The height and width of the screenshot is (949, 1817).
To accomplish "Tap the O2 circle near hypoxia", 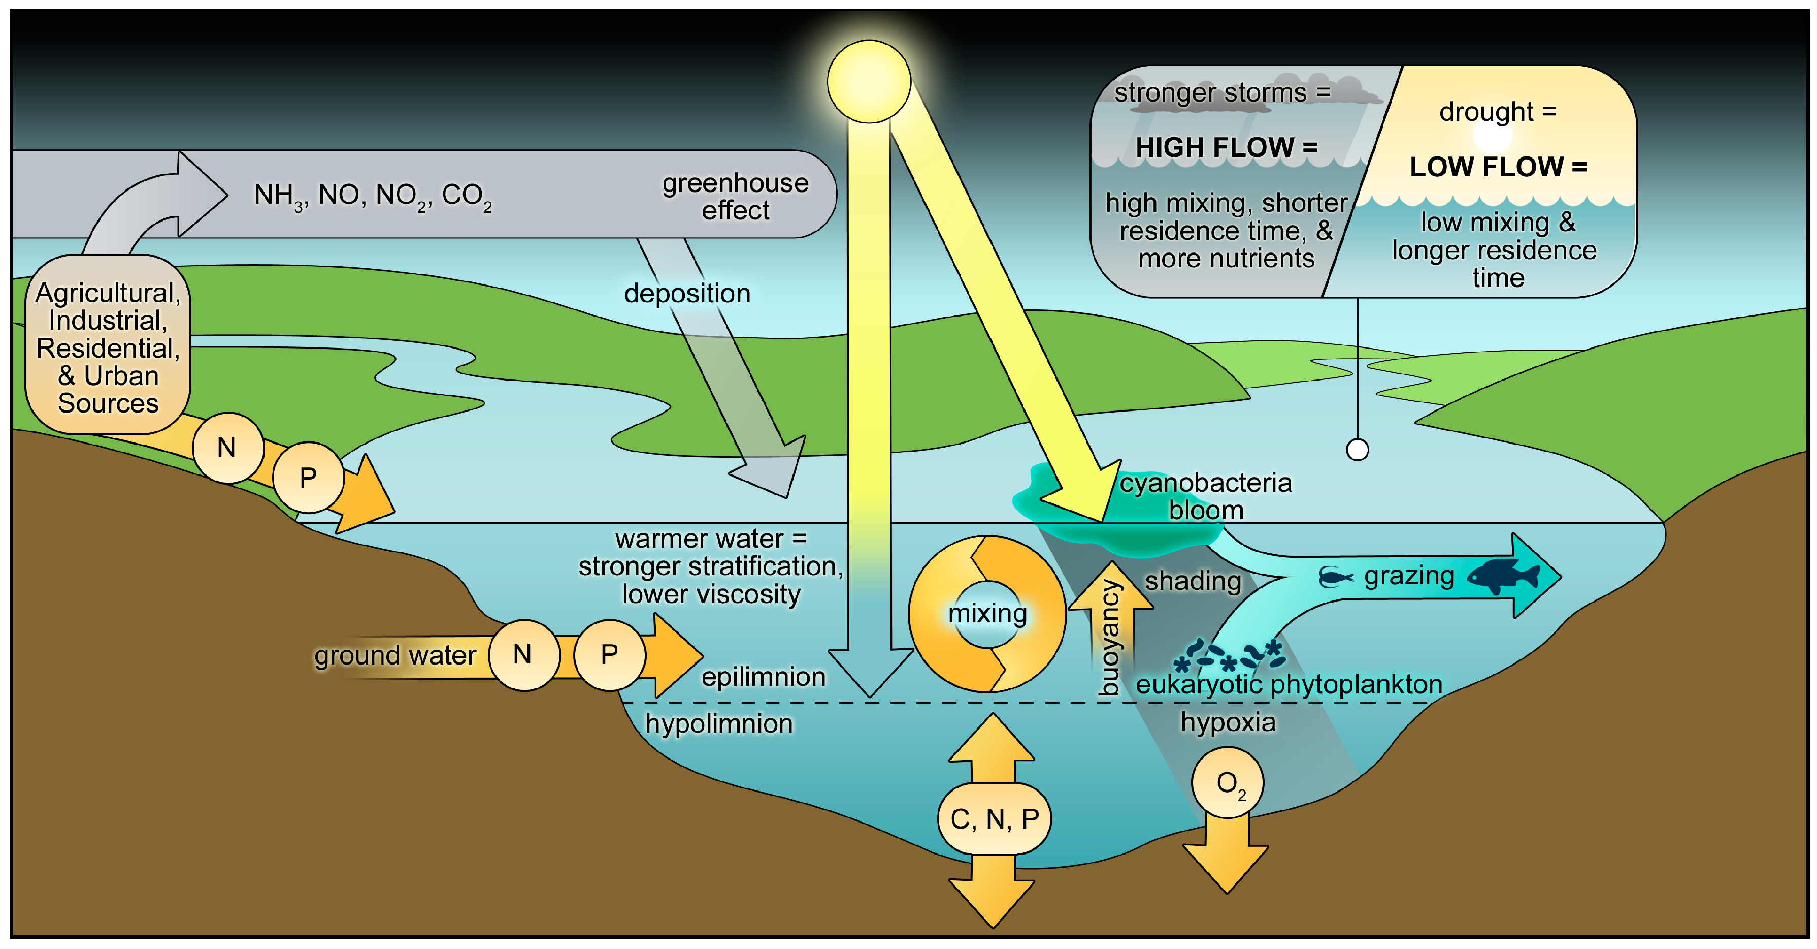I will pyautogui.click(x=1227, y=783).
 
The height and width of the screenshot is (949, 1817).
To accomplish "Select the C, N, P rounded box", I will pyautogui.click(x=994, y=818).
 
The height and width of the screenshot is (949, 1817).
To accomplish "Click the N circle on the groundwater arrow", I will pyautogui.click(x=523, y=655).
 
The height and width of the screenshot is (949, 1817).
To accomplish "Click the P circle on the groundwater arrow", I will pyautogui.click(x=609, y=655).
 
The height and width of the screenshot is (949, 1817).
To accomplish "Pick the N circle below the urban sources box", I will pyautogui.click(x=227, y=448).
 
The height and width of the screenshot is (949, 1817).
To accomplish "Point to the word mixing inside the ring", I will pyautogui.click(x=987, y=613).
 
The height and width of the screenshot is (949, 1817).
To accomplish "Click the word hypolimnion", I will pyautogui.click(x=719, y=724).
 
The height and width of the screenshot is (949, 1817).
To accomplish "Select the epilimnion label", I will pyautogui.click(x=763, y=677).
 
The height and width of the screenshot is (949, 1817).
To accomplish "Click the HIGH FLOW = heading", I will pyautogui.click(x=1226, y=147).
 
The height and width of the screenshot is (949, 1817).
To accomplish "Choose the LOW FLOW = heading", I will pyautogui.click(x=1498, y=167).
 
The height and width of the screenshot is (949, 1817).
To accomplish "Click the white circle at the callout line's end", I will pyautogui.click(x=1357, y=450).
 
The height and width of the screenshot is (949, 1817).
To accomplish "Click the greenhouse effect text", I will pyautogui.click(x=735, y=196).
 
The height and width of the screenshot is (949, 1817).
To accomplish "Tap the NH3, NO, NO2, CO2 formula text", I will pyautogui.click(x=373, y=196).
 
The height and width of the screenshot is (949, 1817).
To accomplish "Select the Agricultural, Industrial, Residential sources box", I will pyautogui.click(x=108, y=346).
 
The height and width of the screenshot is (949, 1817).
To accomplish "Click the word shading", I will pyautogui.click(x=1192, y=581).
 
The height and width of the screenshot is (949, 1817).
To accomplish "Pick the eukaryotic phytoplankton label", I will pyautogui.click(x=1288, y=684).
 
